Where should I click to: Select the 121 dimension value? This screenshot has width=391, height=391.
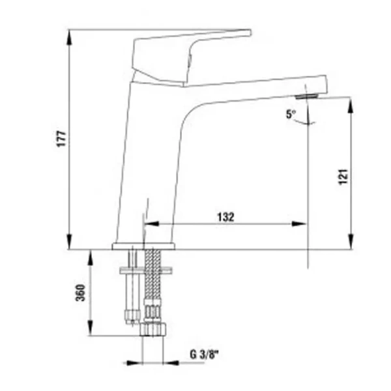click(345, 177)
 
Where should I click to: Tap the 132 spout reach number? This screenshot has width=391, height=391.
click(225, 216)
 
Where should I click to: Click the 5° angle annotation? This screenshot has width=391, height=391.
click(291, 114)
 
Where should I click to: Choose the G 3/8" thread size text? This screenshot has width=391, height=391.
click(204, 355)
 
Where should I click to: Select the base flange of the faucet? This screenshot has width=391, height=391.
click(143, 246)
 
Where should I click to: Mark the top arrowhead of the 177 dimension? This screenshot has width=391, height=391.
click(70, 34)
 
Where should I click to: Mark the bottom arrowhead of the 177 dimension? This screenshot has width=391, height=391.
click(70, 244)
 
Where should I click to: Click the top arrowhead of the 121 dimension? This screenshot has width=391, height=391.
click(351, 103)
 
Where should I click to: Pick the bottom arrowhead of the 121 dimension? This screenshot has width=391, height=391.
click(351, 244)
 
